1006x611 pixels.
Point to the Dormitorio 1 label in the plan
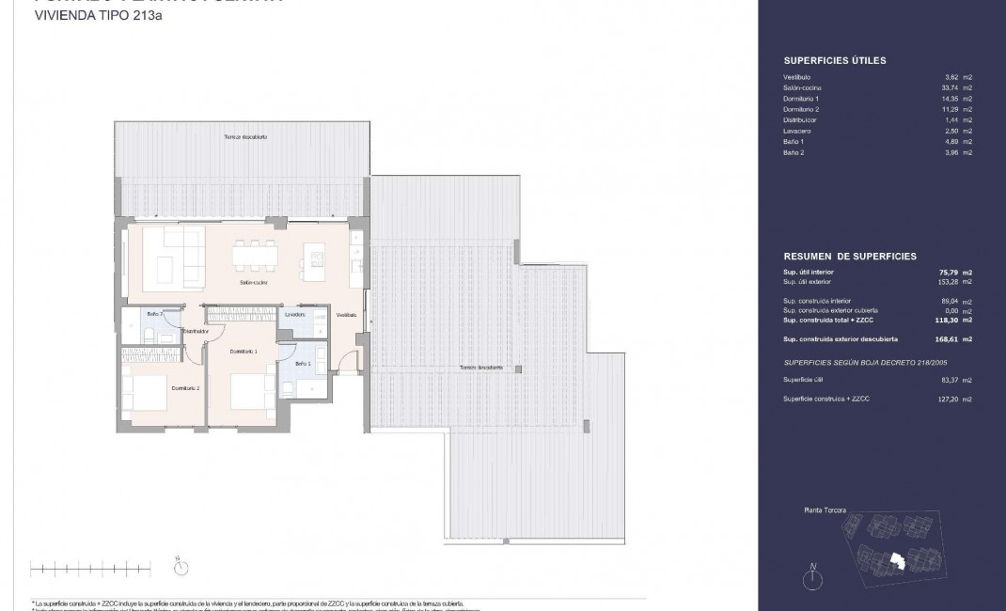[243, 351]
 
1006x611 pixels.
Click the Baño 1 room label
[302, 363]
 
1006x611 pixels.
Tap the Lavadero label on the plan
[295, 314]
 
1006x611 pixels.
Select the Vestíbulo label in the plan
[346, 314]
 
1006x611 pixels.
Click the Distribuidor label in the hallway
[195, 331]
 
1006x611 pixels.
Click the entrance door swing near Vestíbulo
[348, 362]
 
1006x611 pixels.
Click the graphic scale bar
[90, 567]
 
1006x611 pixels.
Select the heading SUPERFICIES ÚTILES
[834, 61]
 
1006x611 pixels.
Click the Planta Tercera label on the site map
[825, 510]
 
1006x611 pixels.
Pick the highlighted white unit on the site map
[893, 561]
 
